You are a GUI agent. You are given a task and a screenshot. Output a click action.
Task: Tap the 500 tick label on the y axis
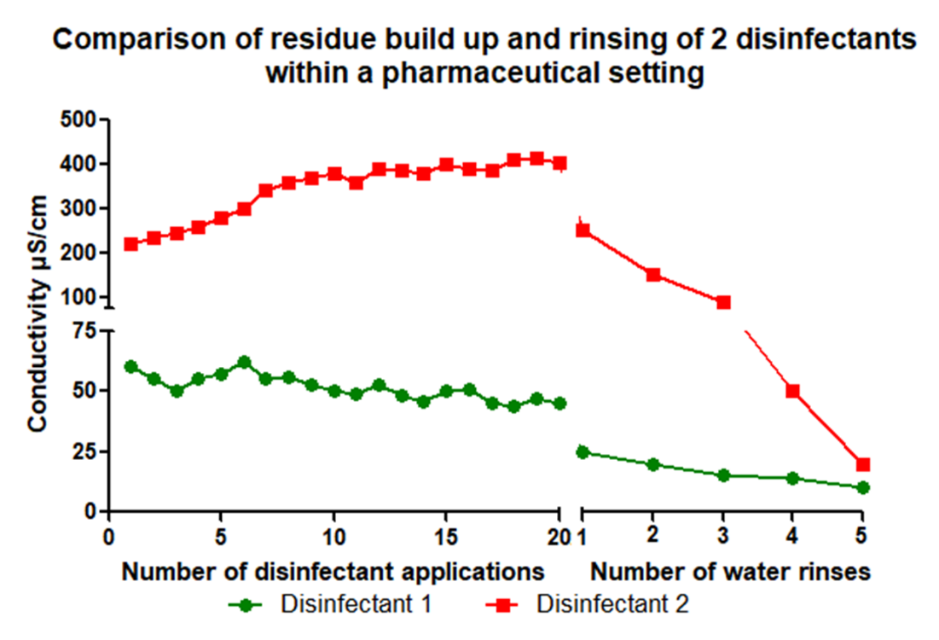pos(81,120)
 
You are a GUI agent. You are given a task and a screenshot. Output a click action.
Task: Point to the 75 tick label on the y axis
pos(87,332)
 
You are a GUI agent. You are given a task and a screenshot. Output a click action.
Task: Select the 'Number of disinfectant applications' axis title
pos(333,571)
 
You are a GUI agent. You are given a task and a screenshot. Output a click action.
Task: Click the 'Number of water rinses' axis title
pos(730,571)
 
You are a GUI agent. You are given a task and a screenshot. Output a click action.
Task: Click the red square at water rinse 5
pos(863,465)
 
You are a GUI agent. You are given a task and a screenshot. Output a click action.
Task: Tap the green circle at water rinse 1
pos(583,452)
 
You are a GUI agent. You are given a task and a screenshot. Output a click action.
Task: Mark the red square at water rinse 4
pos(793,391)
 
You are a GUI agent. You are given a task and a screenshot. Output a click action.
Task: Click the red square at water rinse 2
pos(653,275)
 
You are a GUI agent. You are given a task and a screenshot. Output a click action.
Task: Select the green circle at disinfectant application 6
pos(244,363)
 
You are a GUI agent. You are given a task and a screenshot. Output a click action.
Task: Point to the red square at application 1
pos(130,244)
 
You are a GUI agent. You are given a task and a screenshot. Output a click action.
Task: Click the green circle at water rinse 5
pos(863,487)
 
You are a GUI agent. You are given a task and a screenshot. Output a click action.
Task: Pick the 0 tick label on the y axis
pos(91,512)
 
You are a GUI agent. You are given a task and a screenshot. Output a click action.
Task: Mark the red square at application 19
pos(537,159)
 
